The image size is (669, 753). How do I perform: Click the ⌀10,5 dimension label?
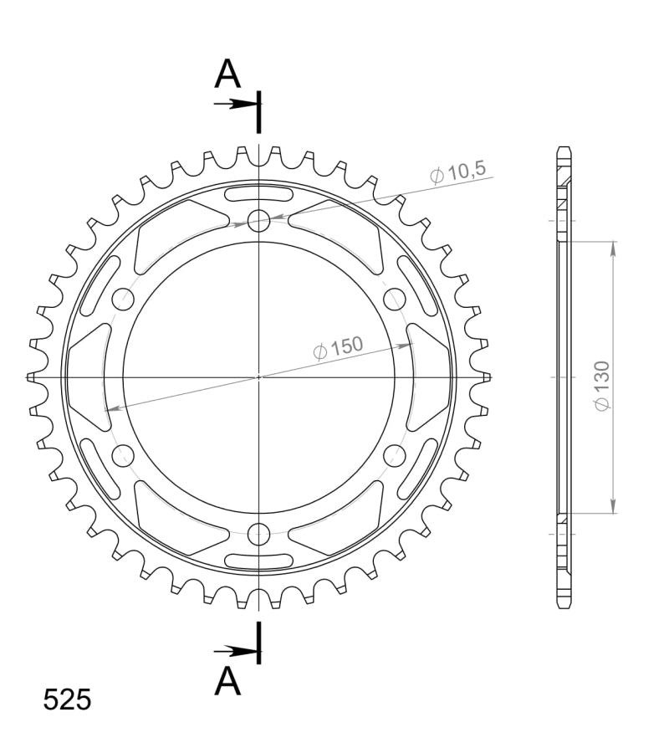pos(457,172)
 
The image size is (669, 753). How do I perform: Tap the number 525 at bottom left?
pos(67,699)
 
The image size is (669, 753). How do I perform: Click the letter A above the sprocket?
pos(227,74)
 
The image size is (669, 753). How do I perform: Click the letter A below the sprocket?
pos(227,681)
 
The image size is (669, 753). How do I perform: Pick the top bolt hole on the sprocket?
pos(258,220)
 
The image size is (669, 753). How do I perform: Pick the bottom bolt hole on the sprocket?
pos(258,534)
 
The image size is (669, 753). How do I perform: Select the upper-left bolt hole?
pos(123,299)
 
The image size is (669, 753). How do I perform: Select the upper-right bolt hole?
pos(395,299)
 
